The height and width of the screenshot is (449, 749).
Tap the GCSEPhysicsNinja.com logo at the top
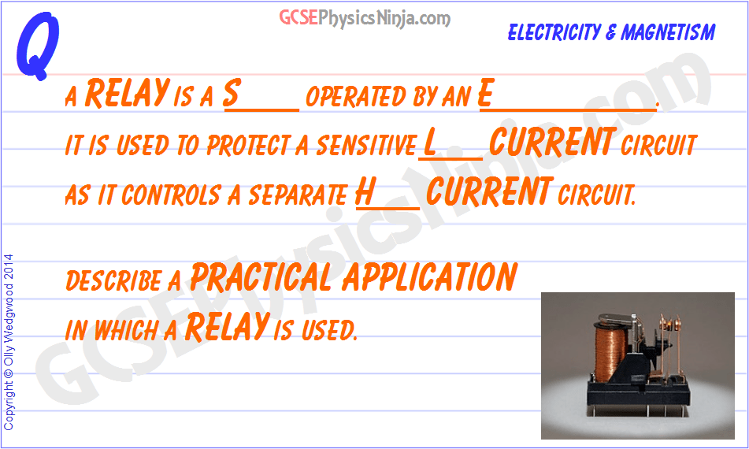click(365, 18)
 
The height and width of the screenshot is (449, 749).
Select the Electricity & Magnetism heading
click(611, 32)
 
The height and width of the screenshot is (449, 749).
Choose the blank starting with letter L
click(451, 144)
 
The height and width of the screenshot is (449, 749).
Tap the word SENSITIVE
click(365, 146)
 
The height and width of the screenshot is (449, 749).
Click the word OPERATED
click(355, 97)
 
